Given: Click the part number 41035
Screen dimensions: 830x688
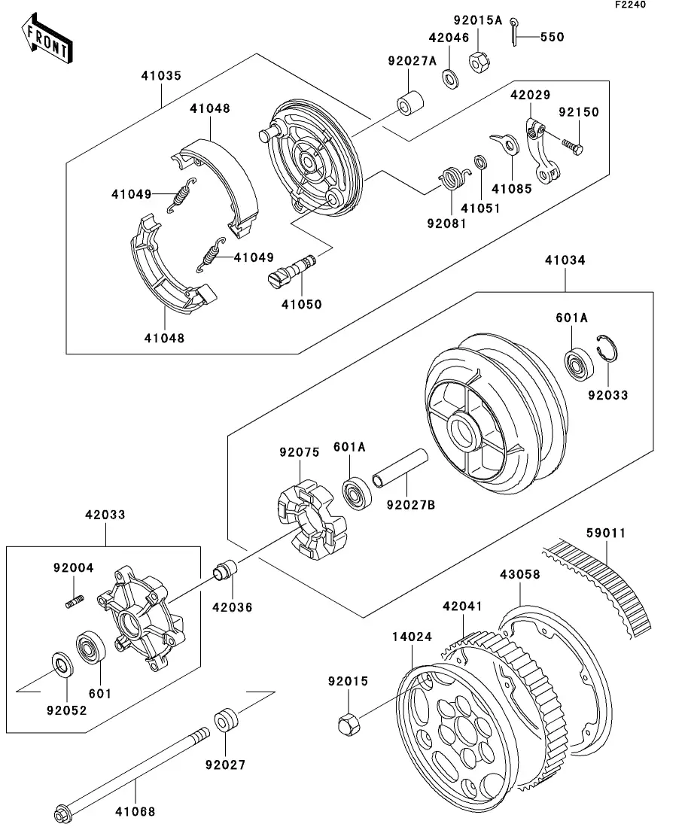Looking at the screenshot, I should (160, 76).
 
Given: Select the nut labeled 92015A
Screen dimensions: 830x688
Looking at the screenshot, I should (478, 62).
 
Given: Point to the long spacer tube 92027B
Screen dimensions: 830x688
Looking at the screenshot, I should (400, 470).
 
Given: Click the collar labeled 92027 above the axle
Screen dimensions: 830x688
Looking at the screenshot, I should (227, 719).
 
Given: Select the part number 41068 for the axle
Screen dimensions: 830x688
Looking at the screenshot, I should (136, 811).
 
